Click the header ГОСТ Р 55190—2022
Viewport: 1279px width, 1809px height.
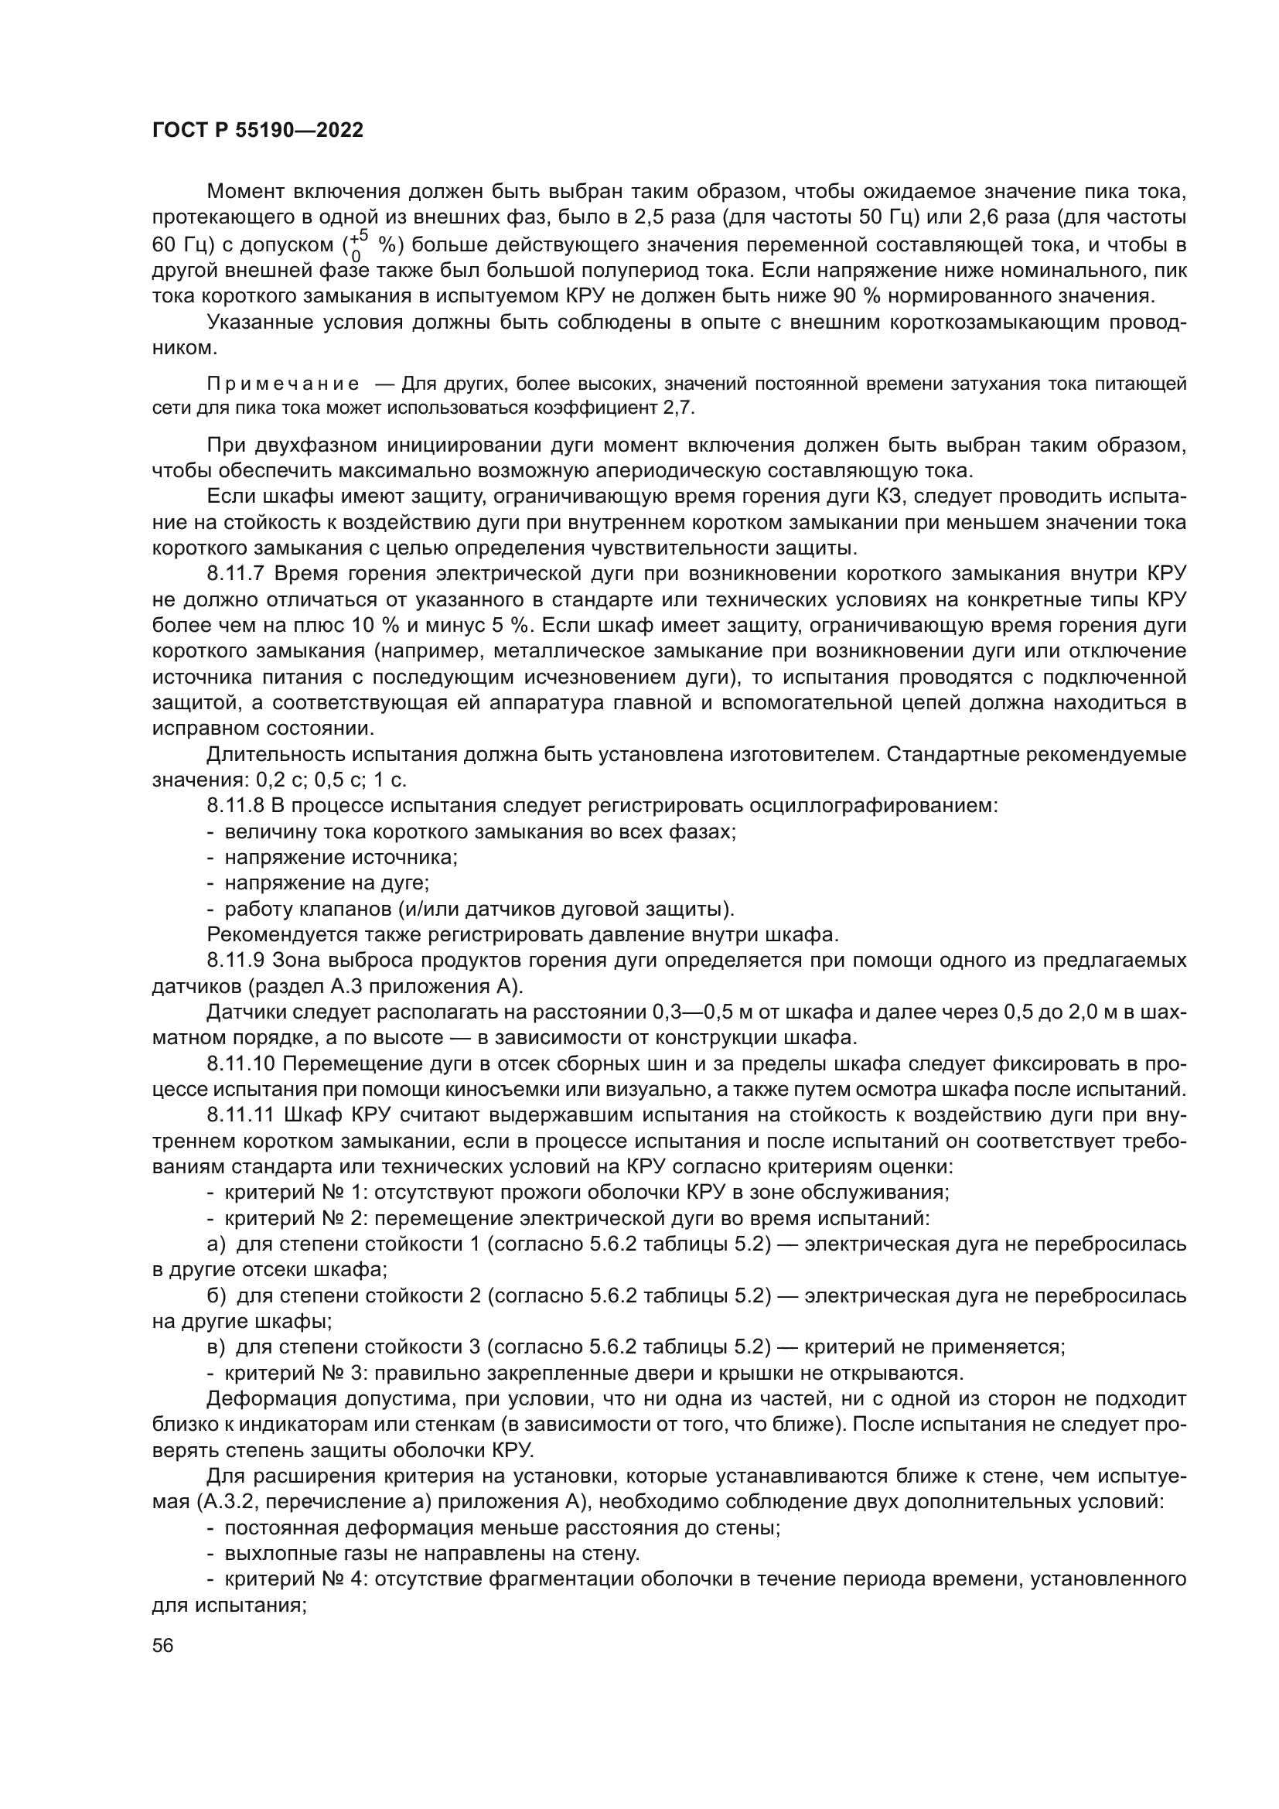pos(258,131)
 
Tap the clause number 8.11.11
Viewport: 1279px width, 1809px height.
pos(241,1116)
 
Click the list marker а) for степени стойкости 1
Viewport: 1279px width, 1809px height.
pos(216,1244)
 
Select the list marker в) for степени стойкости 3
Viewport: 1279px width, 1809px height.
pos(216,1347)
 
